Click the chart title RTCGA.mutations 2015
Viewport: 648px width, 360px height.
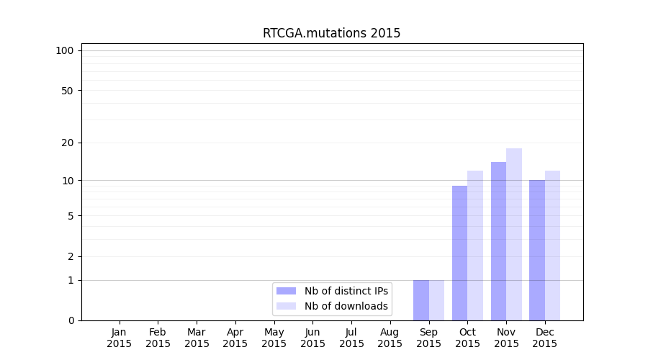[331, 33]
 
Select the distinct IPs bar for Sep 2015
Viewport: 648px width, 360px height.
[421, 300]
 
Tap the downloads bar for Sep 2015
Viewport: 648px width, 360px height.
[436, 300]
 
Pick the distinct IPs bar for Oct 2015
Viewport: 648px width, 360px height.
[459, 253]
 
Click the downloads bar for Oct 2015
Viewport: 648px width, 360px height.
[475, 246]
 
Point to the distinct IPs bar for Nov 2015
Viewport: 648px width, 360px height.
[498, 241]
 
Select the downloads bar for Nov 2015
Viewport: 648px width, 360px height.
[514, 234]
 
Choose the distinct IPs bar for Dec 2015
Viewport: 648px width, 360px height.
[537, 250]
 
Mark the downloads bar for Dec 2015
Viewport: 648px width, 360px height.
[552, 246]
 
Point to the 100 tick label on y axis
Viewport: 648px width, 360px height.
[65, 50]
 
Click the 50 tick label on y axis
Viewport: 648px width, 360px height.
[68, 91]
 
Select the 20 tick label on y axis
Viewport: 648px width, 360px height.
[68, 143]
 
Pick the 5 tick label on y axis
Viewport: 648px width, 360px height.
[71, 216]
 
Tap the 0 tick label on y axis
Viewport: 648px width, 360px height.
[71, 320]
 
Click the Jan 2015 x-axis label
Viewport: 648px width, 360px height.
[120, 338]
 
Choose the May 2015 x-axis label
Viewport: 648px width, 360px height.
[274, 338]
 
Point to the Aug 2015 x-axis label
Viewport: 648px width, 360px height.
[390, 338]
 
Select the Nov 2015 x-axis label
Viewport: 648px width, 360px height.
[506, 338]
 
